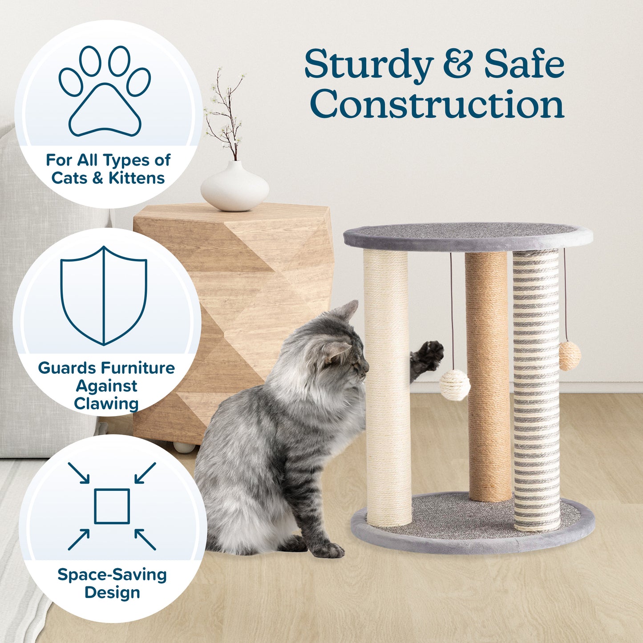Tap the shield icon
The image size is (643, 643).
(x=104, y=296)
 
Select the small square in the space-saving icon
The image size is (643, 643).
(x=112, y=506)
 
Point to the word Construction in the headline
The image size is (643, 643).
(x=437, y=105)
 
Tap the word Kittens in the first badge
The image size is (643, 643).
(x=137, y=178)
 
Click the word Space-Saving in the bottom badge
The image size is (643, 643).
(x=112, y=574)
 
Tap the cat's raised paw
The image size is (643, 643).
(x=429, y=355)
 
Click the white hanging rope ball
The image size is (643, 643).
(x=455, y=385)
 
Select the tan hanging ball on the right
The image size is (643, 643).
(x=570, y=356)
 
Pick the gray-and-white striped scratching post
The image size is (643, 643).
(x=536, y=392)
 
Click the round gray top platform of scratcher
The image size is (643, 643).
(x=467, y=235)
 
